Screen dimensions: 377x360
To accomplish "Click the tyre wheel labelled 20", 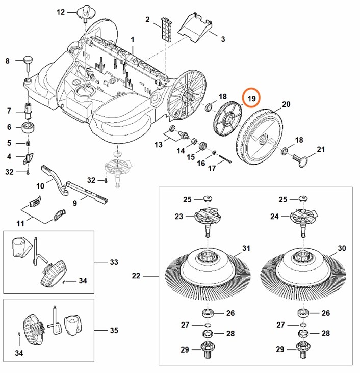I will (261, 134).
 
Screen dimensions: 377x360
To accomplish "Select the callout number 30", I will (342, 248).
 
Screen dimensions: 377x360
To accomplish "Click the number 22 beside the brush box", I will (136, 276).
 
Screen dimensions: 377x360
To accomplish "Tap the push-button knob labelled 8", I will (27, 63).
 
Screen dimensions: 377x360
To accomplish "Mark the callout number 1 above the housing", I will (133, 39).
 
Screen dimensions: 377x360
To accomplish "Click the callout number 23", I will (178, 216).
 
